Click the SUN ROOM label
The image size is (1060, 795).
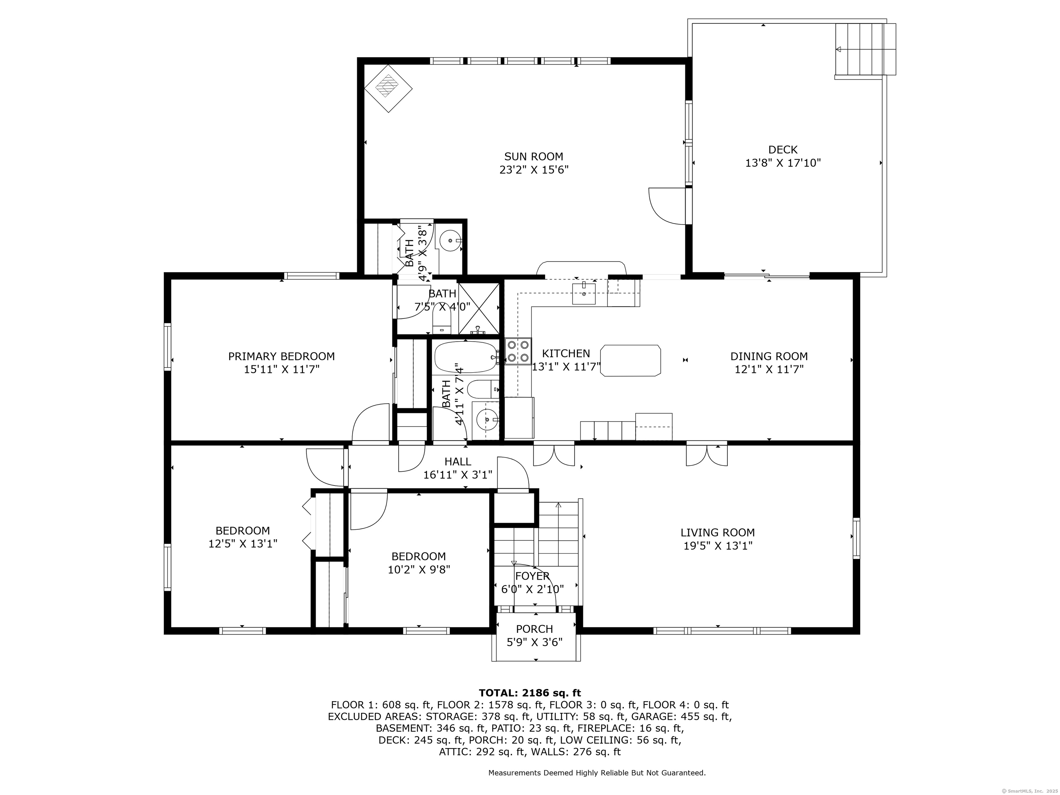point(533,156)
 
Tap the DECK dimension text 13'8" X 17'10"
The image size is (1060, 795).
point(783,163)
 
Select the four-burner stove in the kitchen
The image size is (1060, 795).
point(518,351)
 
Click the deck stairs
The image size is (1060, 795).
point(865,49)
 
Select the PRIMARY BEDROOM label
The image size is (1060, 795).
point(281,356)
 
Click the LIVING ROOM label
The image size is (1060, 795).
point(717,532)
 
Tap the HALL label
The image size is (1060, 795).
point(458,461)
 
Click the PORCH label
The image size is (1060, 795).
point(534,629)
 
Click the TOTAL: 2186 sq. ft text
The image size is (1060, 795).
point(530,693)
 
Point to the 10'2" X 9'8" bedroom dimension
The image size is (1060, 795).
point(419,570)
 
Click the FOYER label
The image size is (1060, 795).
point(532,576)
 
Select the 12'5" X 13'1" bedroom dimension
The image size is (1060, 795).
point(243,544)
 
